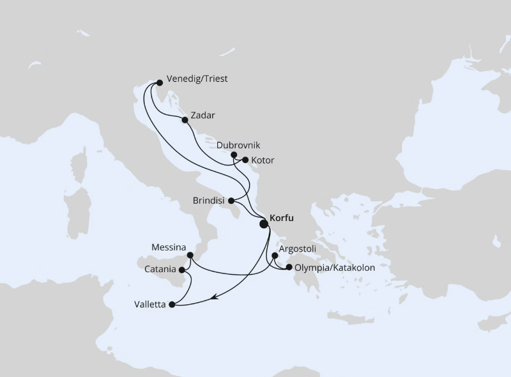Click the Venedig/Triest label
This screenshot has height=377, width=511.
coord(197,79)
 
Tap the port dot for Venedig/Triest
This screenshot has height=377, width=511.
coord(159,82)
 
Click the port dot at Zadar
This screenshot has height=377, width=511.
coord(185,119)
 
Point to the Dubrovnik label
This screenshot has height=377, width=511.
coord(238,145)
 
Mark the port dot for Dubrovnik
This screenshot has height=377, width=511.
coord(234,155)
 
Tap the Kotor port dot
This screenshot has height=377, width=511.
coord(245,160)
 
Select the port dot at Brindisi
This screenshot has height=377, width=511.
coord(231,201)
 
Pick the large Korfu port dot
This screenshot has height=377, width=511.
coord(264,224)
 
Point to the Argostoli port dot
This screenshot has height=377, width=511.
coord(275,256)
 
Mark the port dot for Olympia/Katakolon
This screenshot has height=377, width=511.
coord(289,268)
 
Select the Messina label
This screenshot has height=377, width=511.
coord(169,247)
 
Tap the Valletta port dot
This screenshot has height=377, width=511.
coord(171,305)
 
